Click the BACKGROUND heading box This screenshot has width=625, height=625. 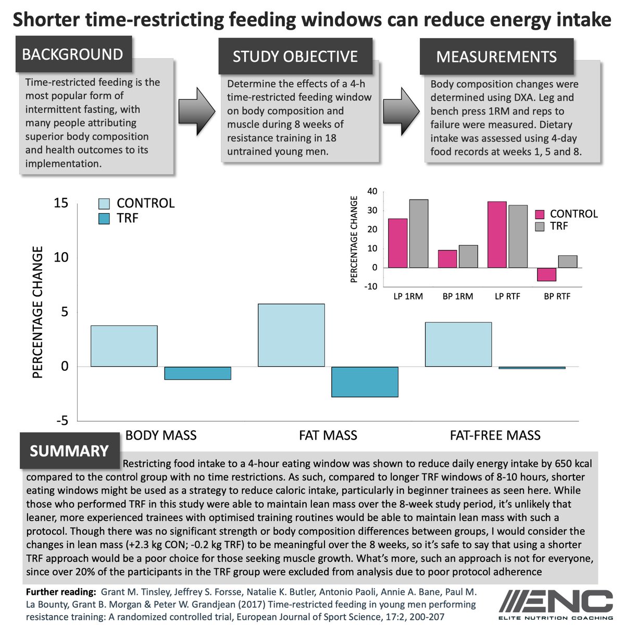[73, 54]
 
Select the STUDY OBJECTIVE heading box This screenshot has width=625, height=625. [295, 56]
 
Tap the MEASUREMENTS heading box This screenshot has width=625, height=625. [496, 56]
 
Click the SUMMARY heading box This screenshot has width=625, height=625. [69, 451]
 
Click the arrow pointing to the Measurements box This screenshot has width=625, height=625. [401, 106]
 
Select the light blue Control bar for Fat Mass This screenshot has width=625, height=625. [291, 335]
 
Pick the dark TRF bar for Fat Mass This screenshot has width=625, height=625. [365, 382]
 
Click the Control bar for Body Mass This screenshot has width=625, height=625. [124, 346]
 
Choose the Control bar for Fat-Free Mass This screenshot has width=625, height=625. [458, 345]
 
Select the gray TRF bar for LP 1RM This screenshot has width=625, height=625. [419, 234]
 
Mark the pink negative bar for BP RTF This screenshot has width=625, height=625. [547, 274]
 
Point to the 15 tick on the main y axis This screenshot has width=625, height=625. [61, 203]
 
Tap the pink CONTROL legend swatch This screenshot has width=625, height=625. [540, 214]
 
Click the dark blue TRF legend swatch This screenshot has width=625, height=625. [104, 219]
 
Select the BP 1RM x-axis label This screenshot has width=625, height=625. [458, 296]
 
